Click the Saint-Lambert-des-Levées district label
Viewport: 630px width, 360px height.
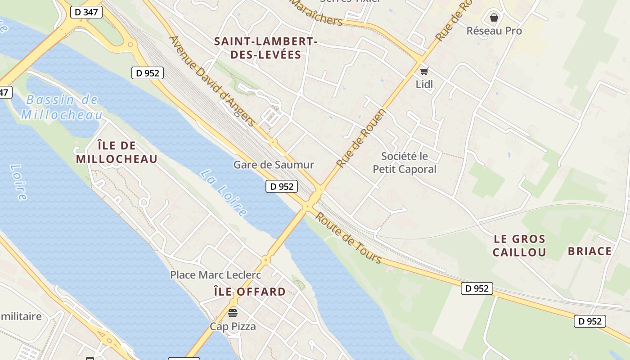(x=265, y=48)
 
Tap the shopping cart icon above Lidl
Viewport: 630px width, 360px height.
(x=424, y=71)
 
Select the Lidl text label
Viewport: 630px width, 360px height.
(x=424, y=84)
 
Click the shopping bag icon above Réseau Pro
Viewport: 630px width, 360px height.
(x=494, y=18)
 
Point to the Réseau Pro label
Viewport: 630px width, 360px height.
(x=494, y=31)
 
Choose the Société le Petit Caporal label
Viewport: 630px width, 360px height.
(x=405, y=163)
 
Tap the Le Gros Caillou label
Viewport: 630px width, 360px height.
(x=519, y=246)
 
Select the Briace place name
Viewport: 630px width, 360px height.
(x=589, y=251)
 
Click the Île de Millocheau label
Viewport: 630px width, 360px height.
(x=117, y=152)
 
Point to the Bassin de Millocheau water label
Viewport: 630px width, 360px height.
(x=62, y=107)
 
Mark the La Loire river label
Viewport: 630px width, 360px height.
(x=224, y=193)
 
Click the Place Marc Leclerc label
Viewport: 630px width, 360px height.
(x=216, y=274)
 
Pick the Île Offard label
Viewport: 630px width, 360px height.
(x=249, y=292)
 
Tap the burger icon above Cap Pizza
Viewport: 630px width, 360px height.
(x=233, y=313)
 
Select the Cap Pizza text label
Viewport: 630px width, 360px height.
(x=233, y=326)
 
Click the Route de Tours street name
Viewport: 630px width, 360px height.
(x=348, y=238)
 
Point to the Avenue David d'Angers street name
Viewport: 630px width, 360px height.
(x=212, y=81)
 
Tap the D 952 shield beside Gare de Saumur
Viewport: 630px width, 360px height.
(x=282, y=186)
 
